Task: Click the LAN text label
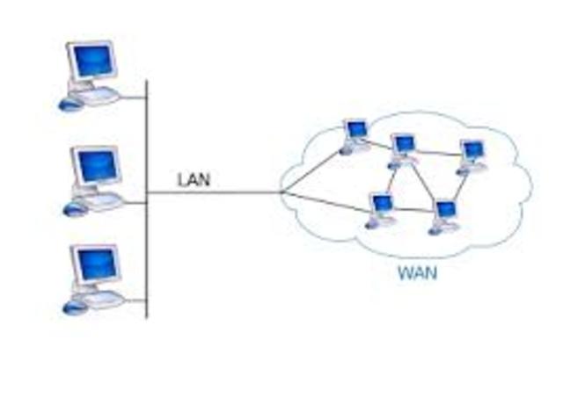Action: tap(194, 180)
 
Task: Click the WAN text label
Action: tap(417, 272)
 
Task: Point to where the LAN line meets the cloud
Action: tap(281, 192)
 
